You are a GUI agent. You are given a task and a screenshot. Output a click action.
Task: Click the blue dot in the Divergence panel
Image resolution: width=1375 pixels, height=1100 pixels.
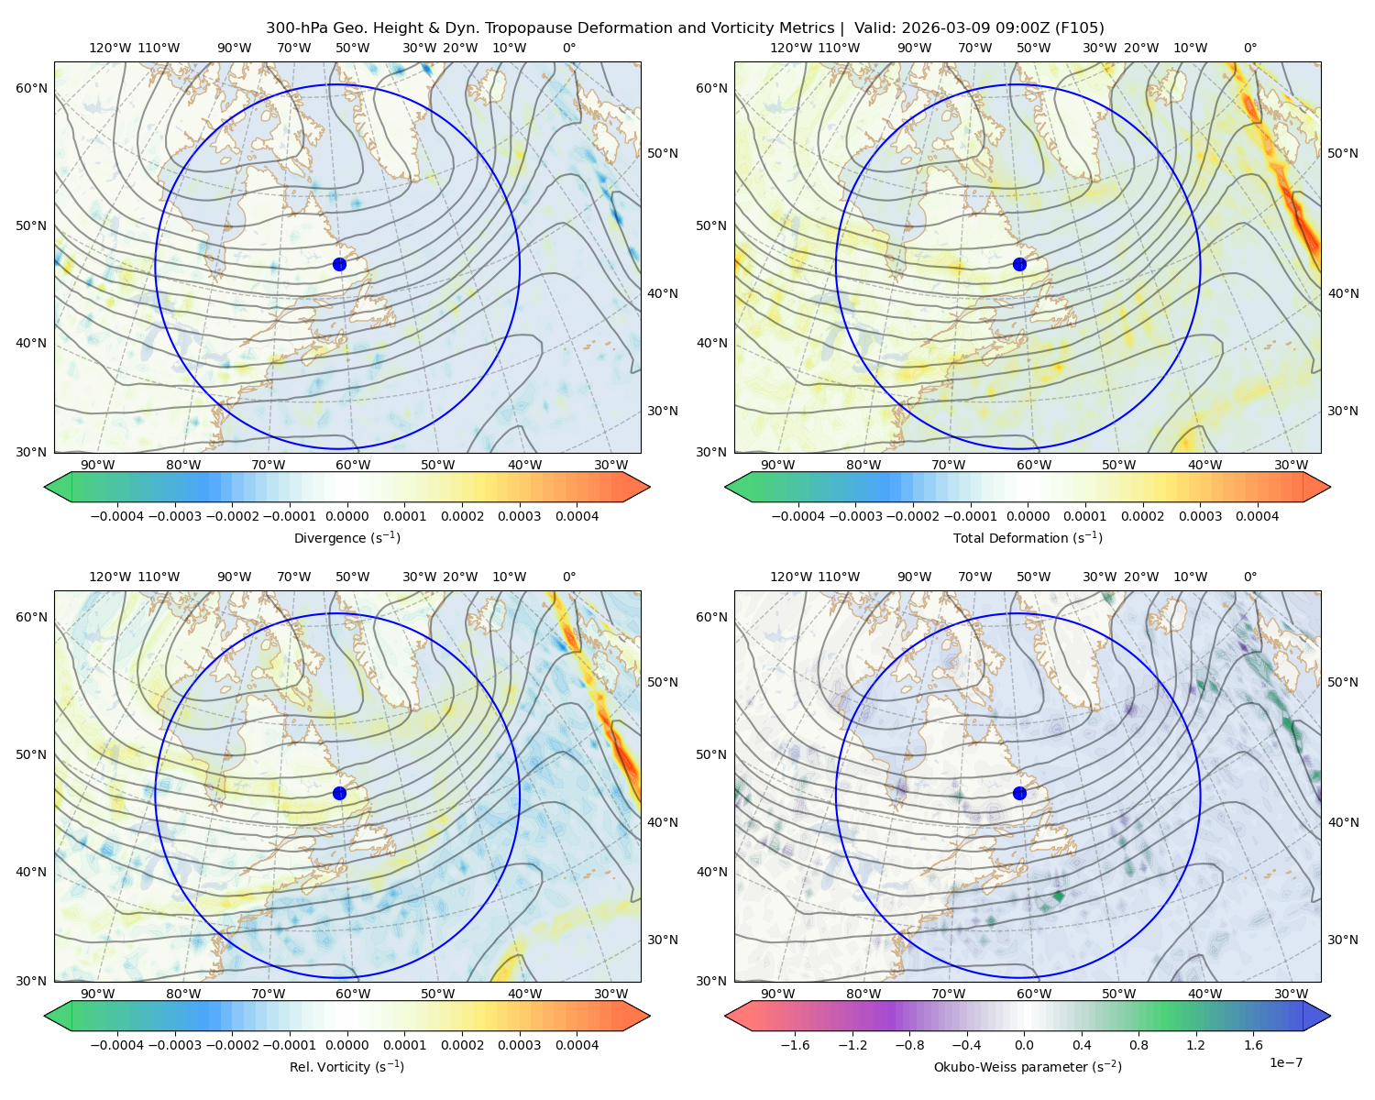[339, 265]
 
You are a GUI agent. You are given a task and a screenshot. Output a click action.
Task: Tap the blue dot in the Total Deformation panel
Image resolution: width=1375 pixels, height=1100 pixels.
[1019, 265]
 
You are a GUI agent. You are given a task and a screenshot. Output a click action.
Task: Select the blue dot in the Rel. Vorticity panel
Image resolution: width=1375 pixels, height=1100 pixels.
[339, 793]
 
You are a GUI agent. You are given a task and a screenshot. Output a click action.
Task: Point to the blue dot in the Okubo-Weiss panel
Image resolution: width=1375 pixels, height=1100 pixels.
[1019, 793]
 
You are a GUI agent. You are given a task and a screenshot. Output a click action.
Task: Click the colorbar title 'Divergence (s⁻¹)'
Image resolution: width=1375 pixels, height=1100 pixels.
[346, 537]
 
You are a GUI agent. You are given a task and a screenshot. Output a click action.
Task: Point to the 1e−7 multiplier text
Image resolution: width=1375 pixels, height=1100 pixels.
[1285, 1063]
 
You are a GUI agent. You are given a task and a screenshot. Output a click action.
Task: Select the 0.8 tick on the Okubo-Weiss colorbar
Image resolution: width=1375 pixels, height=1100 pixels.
[1138, 1045]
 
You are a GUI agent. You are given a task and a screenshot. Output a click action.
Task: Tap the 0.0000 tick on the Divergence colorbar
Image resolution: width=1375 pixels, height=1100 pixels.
[346, 516]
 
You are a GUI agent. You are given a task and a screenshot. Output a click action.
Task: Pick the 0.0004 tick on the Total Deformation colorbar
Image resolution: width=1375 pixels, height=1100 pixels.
[1258, 516]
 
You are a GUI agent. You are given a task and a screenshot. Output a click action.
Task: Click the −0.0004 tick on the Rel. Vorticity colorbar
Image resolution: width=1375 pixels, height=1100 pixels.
[117, 1045]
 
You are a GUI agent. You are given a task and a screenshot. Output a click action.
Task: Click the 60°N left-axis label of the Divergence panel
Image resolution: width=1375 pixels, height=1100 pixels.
[31, 88]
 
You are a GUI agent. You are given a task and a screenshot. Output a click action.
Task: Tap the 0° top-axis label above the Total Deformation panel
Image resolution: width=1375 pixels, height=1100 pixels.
[1249, 48]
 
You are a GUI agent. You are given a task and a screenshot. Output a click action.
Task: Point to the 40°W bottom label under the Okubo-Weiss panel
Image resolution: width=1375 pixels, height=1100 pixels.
[1205, 994]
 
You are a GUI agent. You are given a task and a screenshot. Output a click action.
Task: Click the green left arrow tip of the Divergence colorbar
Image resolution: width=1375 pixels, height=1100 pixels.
[45, 487]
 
